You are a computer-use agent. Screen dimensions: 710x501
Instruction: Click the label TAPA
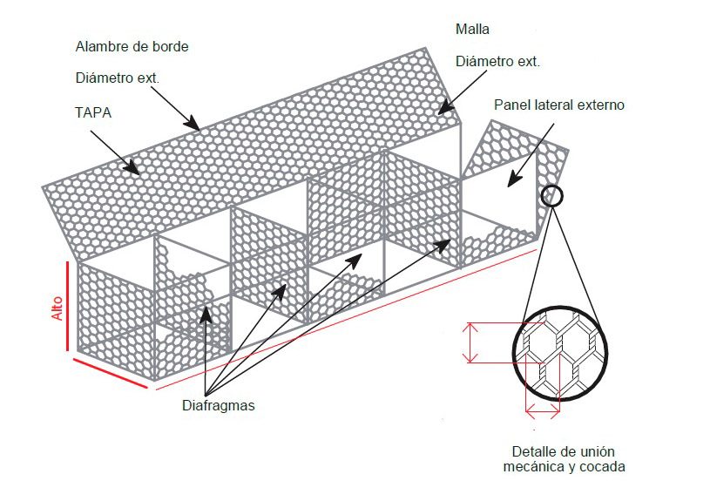(93, 112)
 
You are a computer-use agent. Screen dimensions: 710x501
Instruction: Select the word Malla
(472, 30)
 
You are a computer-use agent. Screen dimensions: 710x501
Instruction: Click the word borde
(170, 47)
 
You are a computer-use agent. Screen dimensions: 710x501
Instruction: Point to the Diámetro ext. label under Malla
(497, 61)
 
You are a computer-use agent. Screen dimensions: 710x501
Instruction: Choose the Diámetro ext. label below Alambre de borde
(118, 78)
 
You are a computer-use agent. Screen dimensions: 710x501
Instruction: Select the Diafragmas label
(219, 405)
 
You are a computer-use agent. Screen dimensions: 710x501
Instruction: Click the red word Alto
(57, 308)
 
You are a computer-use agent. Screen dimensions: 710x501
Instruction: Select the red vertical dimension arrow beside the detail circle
(471, 343)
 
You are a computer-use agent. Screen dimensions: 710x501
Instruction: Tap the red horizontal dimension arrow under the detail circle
(543, 412)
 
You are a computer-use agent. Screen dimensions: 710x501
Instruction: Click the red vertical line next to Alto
(67, 306)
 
